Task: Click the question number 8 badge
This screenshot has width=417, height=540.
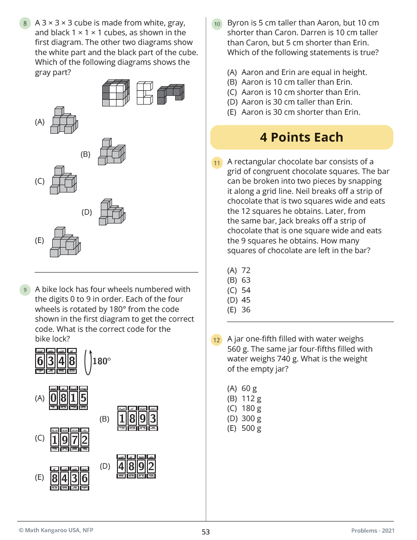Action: point(25,23)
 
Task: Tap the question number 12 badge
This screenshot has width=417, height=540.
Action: point(216,340)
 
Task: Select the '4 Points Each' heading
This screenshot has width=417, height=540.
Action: point(301,137)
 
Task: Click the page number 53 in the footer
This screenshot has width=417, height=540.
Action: point(206,532)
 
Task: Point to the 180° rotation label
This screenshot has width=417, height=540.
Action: point(101,361)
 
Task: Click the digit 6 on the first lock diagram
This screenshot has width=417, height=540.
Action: point(40,361)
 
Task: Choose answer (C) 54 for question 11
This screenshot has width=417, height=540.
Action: point(239,290)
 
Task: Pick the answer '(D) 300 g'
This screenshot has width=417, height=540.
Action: point(244,418)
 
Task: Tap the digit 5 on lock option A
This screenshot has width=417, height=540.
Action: point(83,398)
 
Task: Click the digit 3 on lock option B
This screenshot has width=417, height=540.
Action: point(153,419)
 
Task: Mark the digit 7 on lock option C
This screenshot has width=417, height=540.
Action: point(74,439)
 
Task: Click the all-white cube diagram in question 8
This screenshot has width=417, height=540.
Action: point(144,93)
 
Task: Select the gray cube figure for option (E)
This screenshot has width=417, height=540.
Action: point(64,242)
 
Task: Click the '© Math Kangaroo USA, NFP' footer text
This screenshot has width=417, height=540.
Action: point(56,530)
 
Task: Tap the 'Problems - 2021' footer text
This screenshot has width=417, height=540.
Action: point(373,531)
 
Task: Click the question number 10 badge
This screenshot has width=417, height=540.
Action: point(216,23)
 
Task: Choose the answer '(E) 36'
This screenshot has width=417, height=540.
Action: point(239,310)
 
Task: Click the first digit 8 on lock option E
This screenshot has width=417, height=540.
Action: point(55,478)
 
